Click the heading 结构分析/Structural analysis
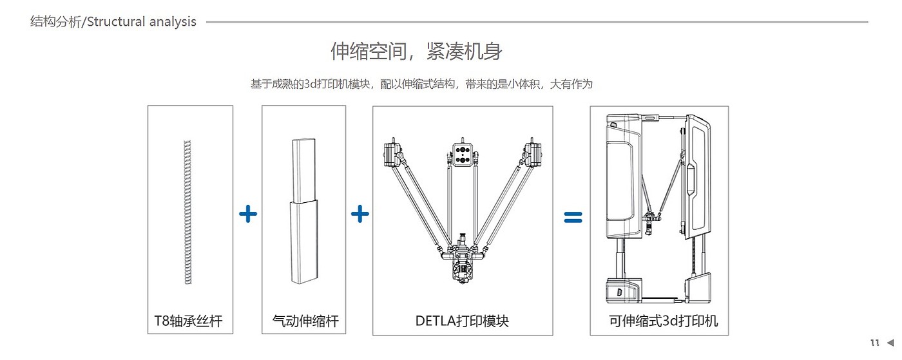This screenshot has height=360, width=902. point(113,22)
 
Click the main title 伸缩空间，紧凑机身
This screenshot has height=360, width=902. point(416,51)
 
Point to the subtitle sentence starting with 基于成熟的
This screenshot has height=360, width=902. point(421,84)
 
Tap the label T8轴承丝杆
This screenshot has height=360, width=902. point(188,321)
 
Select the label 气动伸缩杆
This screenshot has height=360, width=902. point(305,321)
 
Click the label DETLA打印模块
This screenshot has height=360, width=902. point(462,321)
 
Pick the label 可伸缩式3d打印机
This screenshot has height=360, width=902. point(663,321)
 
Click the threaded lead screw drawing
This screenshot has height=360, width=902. point(187,213)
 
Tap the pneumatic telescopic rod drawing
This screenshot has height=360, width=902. point(304,211)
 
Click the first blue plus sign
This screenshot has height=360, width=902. point(248,214)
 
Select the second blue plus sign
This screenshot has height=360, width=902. point(360,214)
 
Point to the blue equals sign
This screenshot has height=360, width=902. point(573,217)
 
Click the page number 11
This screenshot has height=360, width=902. point(875,343)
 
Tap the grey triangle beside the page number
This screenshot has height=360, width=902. point(890,343)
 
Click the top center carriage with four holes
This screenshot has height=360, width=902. point(463,154)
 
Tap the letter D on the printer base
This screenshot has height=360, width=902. point(619,292)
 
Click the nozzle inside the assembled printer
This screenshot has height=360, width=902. point(649,225)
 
